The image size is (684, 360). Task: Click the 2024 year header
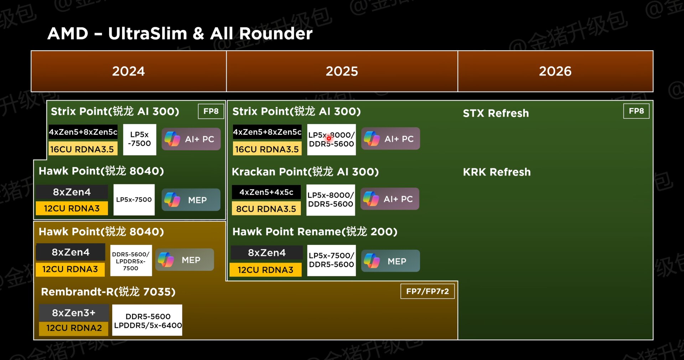click(x=129, y=71)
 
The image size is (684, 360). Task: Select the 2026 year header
click(x=555, y=71)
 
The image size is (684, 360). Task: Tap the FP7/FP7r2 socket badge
click(x=427, y=291)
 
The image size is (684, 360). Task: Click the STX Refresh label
click(x=496, y=113)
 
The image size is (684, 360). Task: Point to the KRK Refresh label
click(x=497, y=172)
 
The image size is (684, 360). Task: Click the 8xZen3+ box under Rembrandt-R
click(x=74, y=313)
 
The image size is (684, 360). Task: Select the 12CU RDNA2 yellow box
click(x=74, y=328)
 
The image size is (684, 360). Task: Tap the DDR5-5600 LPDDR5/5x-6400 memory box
click(x=147, y=320)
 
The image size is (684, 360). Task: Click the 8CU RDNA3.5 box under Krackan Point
click(x=266, y=209)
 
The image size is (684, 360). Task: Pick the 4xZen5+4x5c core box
click(x=266, y=192)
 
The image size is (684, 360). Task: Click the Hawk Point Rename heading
click(x=315, y=232)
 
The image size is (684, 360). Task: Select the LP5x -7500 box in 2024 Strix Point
click(x=140, y=139)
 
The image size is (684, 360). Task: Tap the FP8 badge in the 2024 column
click(x=211, y=111)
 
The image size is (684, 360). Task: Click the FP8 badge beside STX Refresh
click(x=636, y=111)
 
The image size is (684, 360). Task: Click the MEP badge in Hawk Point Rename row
click(x=390, y=261)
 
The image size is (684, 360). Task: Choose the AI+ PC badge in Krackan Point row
click(x=390, y=199)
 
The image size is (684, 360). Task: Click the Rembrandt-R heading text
click(x=108, y=292)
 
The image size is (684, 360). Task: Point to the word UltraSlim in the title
click(x=147, y=34)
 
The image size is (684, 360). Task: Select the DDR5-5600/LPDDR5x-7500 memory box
click(x=131, y=261)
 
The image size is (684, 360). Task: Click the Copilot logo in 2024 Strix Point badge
click(x=172, y=139)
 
